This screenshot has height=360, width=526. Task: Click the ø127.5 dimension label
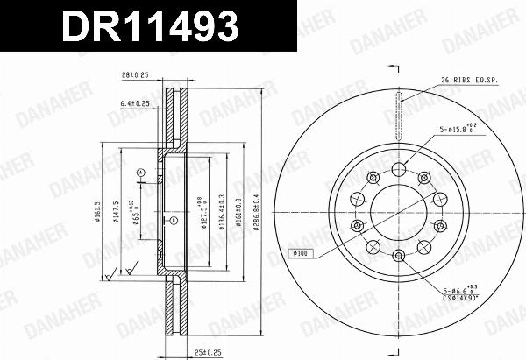click(201, 211)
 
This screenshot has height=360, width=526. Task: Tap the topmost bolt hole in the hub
click(398, 169)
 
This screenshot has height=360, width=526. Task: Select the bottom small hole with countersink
click(398, 256)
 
